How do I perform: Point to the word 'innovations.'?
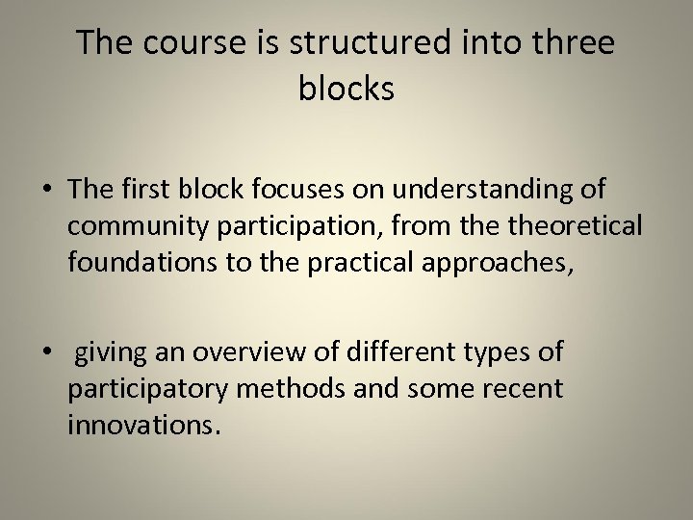[144, 425]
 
